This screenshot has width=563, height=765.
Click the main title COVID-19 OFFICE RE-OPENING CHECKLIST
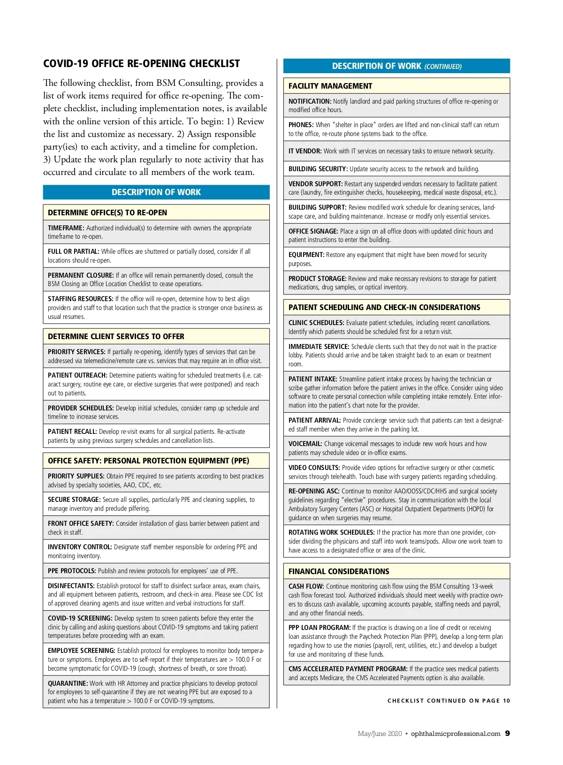tap(141, 64)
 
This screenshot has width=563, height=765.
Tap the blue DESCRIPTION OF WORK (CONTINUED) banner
tap(396, 66)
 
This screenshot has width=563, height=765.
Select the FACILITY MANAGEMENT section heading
tap(330, 86)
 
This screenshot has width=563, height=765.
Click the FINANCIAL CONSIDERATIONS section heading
tap(338, 571)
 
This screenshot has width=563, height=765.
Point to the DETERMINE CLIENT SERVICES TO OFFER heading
tap(116, 336)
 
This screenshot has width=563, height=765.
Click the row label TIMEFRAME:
tap(66, 228)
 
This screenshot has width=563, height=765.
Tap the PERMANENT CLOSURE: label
tap(81, 275)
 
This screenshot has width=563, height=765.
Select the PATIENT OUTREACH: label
tap(77, 375)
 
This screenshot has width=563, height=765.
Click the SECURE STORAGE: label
tap(74, 500)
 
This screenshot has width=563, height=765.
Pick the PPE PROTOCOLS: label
tap(72, 571)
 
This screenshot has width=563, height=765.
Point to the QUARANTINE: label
tap(68, 683)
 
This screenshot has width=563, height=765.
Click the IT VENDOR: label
tap(305, 151)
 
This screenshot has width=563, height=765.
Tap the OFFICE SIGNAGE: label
tap(313, 231)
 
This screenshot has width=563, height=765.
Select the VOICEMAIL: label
tap(305, 444)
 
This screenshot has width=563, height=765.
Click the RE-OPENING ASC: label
tap(313, 491)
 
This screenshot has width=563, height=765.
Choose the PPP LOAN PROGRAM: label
tap(319, 628)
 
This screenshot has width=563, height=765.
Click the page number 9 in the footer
tap(507, 734)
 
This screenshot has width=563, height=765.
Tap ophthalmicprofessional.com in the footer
tap(455, 734)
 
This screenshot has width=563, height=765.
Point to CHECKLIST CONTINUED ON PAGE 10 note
tap(449, 701)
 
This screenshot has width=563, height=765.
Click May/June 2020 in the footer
tap(380, 734)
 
